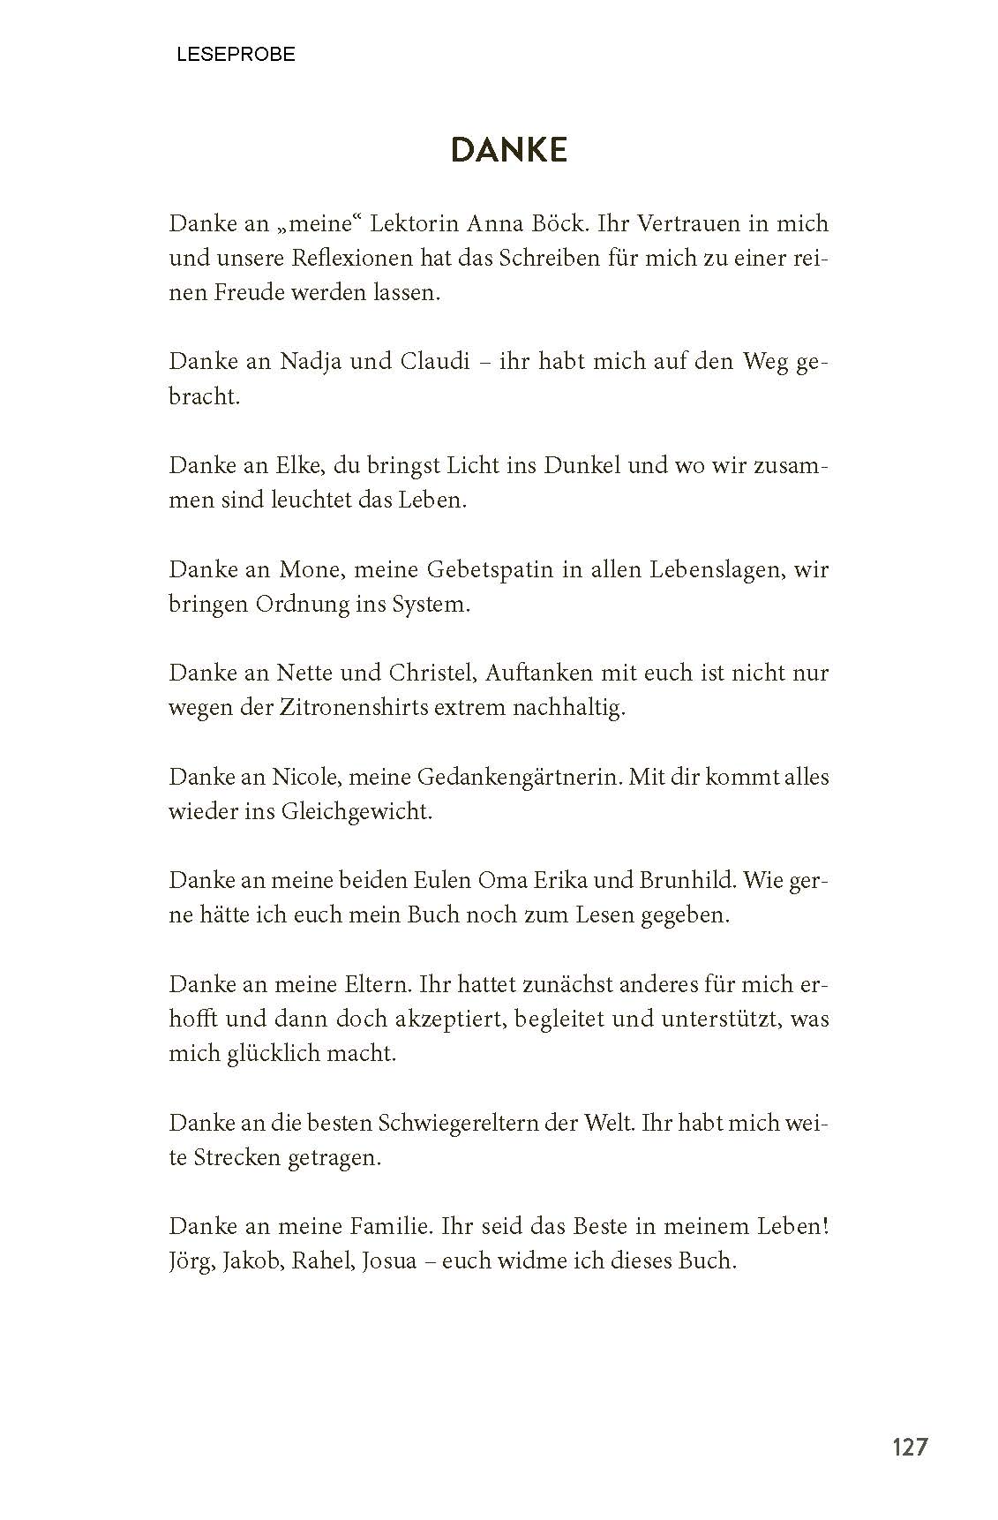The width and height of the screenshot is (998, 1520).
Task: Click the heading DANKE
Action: (x=508, y=151)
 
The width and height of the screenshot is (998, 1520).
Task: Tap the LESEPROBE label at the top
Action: (x=236, y=55)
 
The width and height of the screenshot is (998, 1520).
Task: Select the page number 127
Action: (x=910, y=1448)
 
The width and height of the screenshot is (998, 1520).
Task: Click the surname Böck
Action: (x=561, y=224)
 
